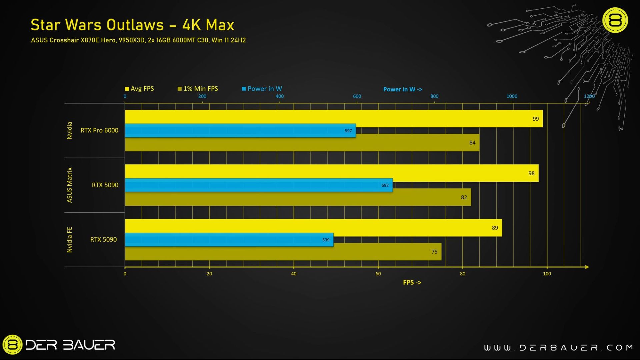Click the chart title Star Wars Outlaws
pos(132,25)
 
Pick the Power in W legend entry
pos(262,89)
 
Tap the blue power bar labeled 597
pos(240,131)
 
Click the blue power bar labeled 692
pos(258,185)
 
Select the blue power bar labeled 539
pos(229,240)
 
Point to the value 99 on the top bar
pos(535,119)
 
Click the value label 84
pos(472,143)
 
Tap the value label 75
pos(434,252)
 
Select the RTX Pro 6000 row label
pos(99,130)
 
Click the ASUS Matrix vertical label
pos(69,185)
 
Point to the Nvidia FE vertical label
pos(69,240)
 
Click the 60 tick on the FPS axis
pos(378,274)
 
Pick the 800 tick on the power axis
pos(434,96)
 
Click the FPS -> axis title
pos(412,282)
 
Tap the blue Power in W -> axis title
pos(402,89)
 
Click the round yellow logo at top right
pos(615,20)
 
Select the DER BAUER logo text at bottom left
pos(70,345)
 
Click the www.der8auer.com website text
pos(558,348)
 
